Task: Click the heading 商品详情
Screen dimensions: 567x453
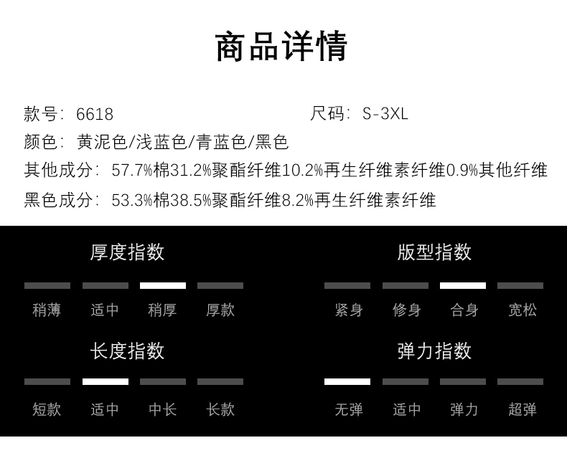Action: pyautogui.click(x=282, y=47)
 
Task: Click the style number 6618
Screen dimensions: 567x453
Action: pyautogui.click(x=95, y=114)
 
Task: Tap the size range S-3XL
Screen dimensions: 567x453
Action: pyautogui.click(x=385, y=114)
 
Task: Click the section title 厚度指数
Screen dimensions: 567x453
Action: pyautogui.click(x=127, y=252)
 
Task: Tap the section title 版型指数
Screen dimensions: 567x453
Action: pyautogui.click(x=434, y=252)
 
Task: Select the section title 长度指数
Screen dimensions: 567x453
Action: pyautogui.click(x=127, y=351)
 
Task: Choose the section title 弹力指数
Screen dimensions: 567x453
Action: pyautogui.click(x=434, y=351)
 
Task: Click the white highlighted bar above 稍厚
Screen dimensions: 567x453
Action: pyautogui.click(x=163, y=285)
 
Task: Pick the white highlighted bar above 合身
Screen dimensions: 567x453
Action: pyautogui.click(x=463, y=285)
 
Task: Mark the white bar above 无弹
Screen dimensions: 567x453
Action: pyautogui.click(x=347, y=381)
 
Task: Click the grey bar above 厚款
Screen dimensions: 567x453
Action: pyautogui.click(x=220, y=285)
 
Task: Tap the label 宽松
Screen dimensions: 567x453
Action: pyautogui.click(x=522, y=310)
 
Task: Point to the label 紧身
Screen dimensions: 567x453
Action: pyautogui.click(x=349, y=310)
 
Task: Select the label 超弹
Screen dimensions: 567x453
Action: pyautogui.click(x=522, y=409)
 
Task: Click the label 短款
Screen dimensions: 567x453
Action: pyautogui.click(x=47, y=409)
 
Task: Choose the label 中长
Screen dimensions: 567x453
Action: pyautogui.click(x=162, y=409)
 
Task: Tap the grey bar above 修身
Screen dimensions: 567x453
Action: pyautogui.click(x=406, y=285)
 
